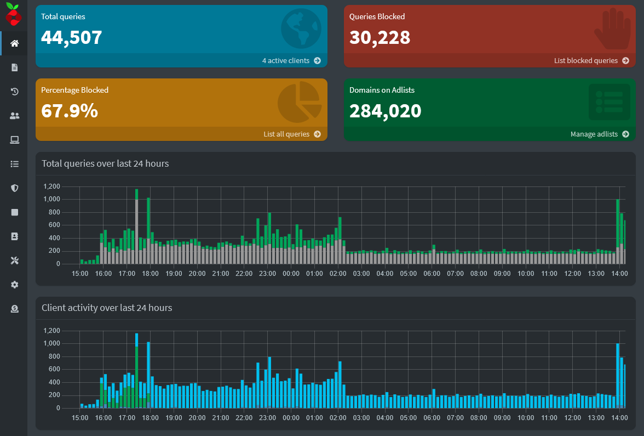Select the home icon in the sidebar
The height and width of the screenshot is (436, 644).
(x=15, y=43)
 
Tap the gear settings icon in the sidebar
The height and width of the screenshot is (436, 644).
(x=15, y=285)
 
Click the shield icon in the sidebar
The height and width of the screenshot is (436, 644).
(x=15, y=188)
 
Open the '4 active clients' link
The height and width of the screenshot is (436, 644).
(x=291, y=61)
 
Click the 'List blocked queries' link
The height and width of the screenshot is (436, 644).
(x=591, y=61)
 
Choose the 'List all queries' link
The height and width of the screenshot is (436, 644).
(x=291, y=134)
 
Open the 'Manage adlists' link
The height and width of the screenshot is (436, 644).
(x=599, y=134)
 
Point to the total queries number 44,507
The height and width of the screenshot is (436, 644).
(x=72, y=37)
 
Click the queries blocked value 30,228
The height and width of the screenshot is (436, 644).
(x=380, y=37)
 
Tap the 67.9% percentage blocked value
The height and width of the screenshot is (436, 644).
(x=70, y=111)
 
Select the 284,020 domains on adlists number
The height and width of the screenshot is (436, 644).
(x=385, y=111)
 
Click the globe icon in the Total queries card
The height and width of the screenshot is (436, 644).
(x=301, y=29)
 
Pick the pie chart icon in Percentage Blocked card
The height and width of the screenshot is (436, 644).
(x=299, y=102)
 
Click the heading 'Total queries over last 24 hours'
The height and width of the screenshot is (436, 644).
(x=105, y=163)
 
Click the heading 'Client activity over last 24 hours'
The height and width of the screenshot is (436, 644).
(x=107, y=308)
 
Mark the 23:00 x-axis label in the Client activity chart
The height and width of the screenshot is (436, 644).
(x=267, y=418)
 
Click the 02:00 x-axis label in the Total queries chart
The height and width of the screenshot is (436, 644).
(x=338, y=273)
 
